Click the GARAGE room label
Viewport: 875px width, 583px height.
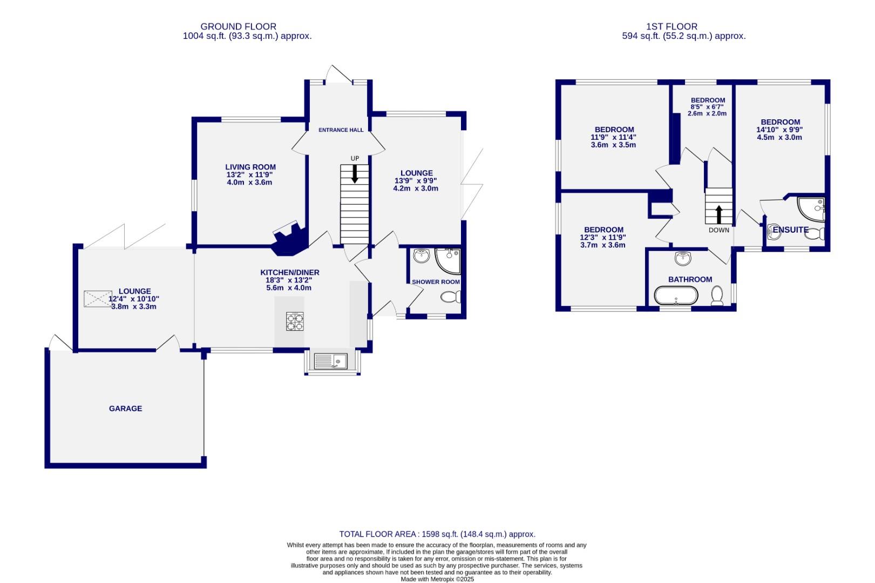click(125, 409)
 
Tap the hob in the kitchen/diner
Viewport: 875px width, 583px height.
click(295, 321)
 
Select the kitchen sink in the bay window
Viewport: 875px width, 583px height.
click(330, 361)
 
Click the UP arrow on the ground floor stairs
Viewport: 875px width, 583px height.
click(355, 174)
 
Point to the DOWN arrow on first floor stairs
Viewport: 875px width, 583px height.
click(718, 214)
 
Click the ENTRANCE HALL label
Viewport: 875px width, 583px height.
click(341, 130)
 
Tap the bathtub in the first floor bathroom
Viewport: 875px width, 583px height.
click(676, 296)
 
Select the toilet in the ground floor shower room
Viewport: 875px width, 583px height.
click(450, 297)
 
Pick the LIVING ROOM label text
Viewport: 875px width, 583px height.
click(250, 167)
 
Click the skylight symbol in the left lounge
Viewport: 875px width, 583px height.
click(98, 299)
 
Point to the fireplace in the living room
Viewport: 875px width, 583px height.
click(289, 239)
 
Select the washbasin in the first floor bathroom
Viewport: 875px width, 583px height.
click(683, 259)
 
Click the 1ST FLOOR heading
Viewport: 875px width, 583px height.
click(671, 26)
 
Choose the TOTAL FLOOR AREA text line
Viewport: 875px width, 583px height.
click(437, 534)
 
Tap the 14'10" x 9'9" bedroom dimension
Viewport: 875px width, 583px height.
click(779, 130)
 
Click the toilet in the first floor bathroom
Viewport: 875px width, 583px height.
click(717, 296)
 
